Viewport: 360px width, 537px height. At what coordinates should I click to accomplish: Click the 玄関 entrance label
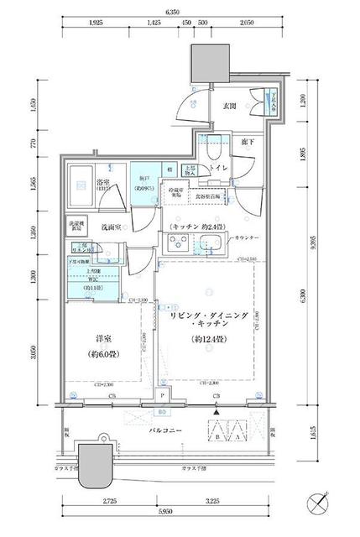[x=230, y=107]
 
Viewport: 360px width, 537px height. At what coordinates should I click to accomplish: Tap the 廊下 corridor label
[x=248, y=143]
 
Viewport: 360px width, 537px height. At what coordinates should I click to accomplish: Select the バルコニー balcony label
[x=162, y=430]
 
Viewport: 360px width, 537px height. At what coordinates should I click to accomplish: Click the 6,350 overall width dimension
[x=172, y=13]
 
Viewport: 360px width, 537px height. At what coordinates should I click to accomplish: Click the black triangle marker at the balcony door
[x=217, y=410]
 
